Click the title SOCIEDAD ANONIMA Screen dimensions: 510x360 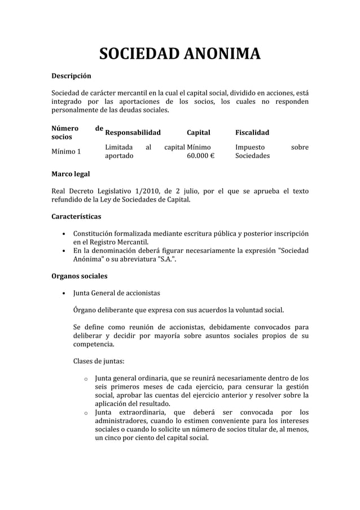[x=179, y=55]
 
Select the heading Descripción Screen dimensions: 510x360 [x=71, y=75]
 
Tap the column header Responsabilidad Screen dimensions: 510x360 [x=133, y=133]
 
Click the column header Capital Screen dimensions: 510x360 [x=198, y=133]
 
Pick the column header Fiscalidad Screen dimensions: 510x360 [x=252, y=133]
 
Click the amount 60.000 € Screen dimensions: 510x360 [x=200, y=156]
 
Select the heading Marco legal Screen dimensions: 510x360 [x=70, y=174]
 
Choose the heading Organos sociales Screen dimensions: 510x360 [x=79, y=277]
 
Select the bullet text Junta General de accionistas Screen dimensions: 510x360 [x=116, y=293]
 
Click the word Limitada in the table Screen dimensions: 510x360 [x=120, y=147]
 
